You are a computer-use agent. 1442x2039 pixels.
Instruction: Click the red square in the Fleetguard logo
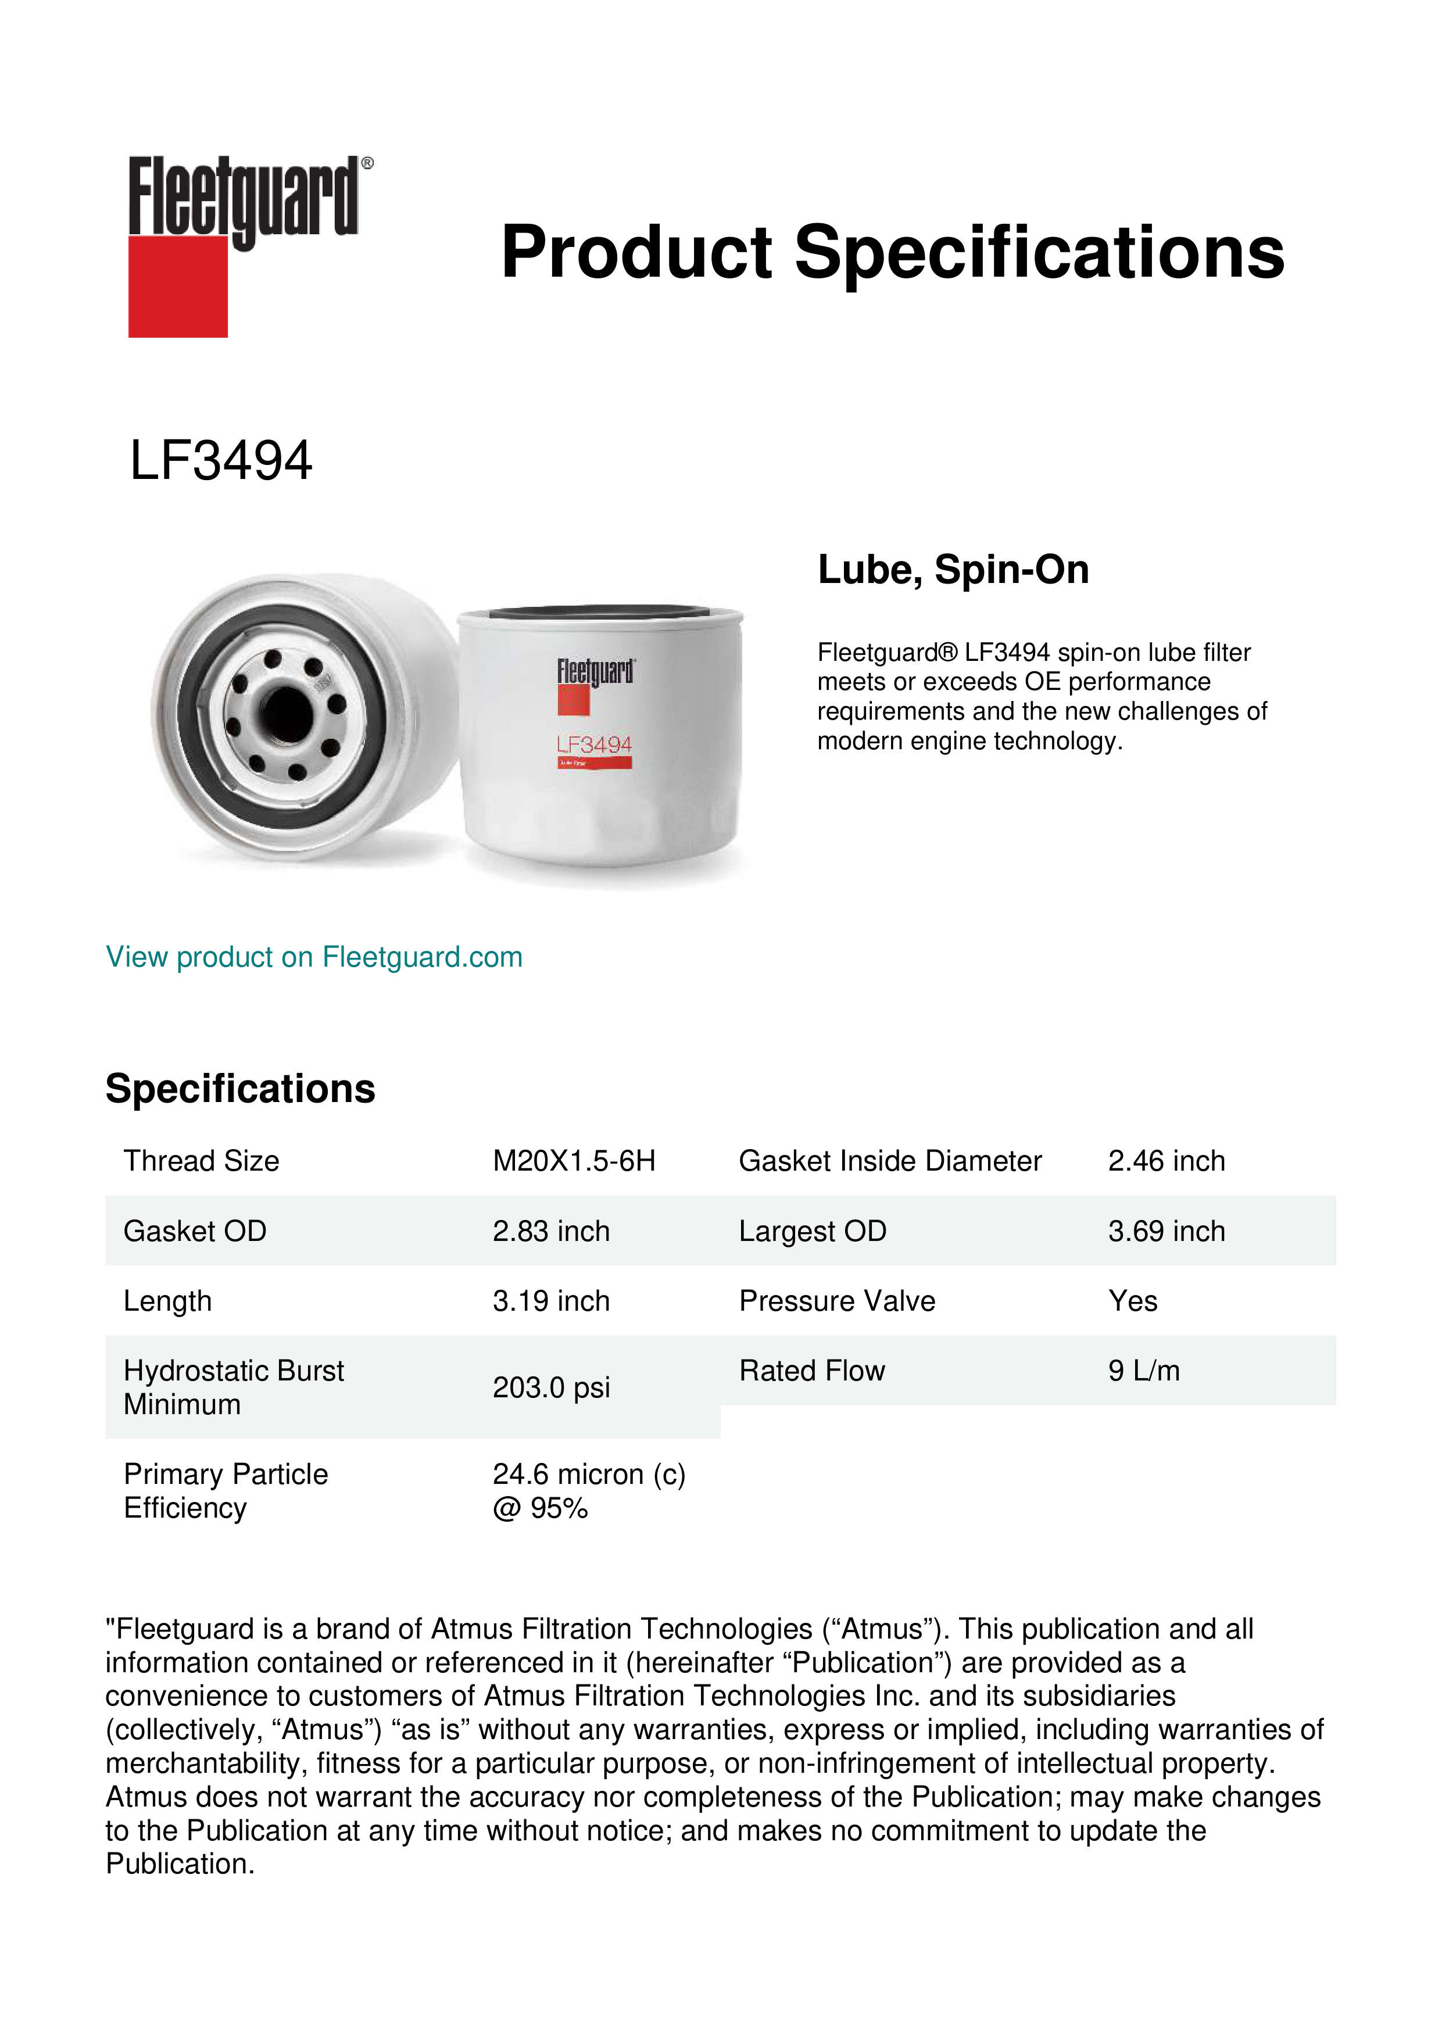pos(178,286)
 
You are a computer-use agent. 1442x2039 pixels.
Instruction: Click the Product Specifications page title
pos(892,252)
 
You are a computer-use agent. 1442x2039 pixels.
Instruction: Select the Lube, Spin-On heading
pos(953,569)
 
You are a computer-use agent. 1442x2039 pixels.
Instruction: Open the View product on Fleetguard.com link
pos(313,957)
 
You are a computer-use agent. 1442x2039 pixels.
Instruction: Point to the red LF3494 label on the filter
pos(594,744)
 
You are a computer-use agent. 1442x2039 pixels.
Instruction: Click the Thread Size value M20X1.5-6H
pos(574,1161)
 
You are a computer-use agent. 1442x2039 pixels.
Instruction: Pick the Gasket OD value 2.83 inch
pos(550,1231)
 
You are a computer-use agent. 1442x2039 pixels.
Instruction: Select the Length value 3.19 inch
pos(550,1301)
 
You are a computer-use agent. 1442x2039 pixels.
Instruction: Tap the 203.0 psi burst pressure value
pos(550,1387)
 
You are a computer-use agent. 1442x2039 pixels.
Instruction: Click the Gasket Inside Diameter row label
pos(890,1161)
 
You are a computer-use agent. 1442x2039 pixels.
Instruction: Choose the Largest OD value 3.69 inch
pos(1166,1231)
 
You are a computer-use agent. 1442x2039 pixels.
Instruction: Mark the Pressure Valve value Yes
pos(1132,1301)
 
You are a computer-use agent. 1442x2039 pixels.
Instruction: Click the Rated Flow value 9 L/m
pos(1144,1371)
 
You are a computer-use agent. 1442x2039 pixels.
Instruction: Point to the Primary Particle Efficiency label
pos(226,1491)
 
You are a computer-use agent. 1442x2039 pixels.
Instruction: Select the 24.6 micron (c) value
pos(589,1474)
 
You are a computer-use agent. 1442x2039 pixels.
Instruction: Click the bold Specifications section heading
pos(239,1089)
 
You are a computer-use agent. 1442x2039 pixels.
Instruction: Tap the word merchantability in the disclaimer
pos(206,1763)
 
